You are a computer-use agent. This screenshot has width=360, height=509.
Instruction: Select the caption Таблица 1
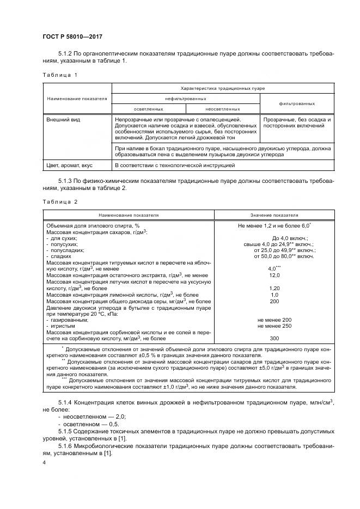(x=60, y=74)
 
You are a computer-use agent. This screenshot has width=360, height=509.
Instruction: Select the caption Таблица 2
(x=60, y=201)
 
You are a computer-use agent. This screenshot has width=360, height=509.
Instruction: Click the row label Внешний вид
(x=63, y=119)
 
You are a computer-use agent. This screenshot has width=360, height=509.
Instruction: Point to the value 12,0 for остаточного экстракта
(x=274, y=275)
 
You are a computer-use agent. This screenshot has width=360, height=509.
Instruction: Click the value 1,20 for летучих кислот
(x=274, y=287)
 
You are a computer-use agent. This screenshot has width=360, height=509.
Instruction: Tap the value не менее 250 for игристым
(x=274, y=326)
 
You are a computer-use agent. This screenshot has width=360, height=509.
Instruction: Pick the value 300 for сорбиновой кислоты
(x=274, y=338)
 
